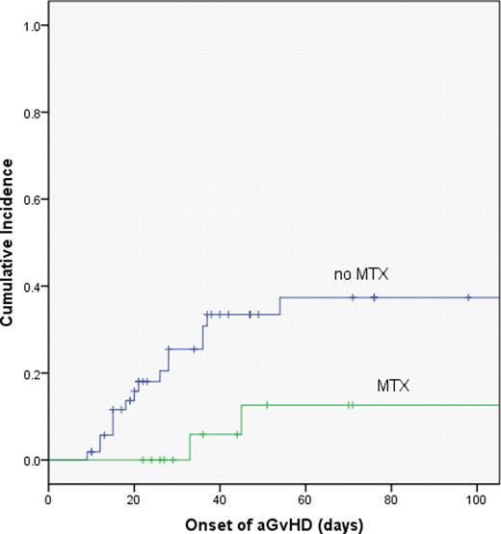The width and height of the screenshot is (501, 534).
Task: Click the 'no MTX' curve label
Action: point(355,275)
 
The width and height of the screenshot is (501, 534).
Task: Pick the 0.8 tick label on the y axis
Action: point(29,113)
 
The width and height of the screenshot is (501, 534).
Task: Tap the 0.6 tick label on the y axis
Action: point(29,199)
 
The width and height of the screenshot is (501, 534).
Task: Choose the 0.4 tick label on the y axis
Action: point(29,287)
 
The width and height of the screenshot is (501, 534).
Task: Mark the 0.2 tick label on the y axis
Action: point(29,373)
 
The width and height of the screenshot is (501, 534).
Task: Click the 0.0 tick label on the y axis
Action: point(29,460)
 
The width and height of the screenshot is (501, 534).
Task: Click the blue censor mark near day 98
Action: point(468,297)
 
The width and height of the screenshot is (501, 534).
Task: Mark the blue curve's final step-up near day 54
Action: point(280,305)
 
